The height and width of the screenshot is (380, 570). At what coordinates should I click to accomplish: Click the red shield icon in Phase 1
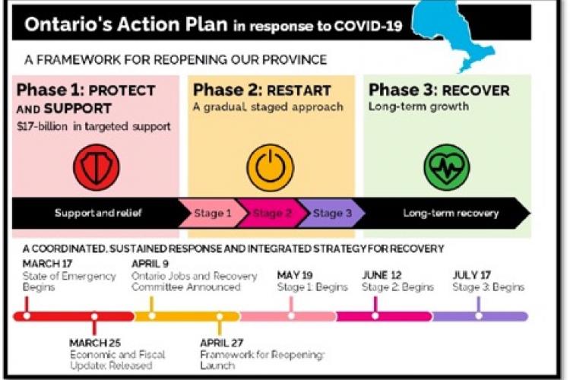[x=96, y=166]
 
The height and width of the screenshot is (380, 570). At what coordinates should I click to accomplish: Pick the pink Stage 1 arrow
[x=212, y=214]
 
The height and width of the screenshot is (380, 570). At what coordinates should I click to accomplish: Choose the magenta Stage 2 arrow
[x=271, y=214]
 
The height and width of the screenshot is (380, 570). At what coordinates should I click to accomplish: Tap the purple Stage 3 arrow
[x=332, y=214]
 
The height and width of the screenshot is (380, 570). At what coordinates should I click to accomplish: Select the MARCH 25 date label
[x=95, y=343]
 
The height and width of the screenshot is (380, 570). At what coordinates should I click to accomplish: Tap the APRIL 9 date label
[x=150, y=264]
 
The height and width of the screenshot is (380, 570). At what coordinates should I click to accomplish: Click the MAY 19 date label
[x=296, y=275]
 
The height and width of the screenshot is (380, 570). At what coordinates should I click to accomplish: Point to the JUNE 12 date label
[x=382, y=275]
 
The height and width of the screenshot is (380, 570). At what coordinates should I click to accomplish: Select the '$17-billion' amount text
[x=40, y=125]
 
